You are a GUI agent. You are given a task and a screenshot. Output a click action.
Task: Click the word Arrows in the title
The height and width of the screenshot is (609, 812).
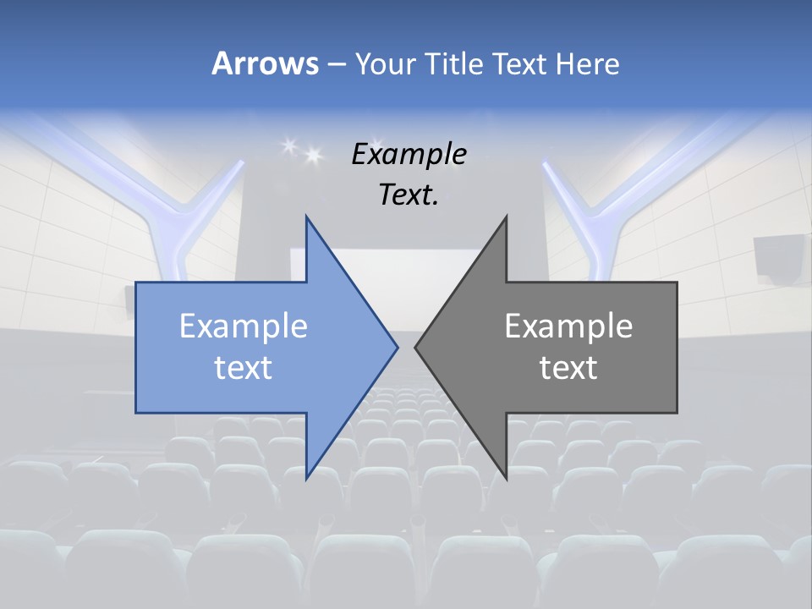tap(265, 63)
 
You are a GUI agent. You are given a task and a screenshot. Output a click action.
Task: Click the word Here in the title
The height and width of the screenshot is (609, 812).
tap(587, 63)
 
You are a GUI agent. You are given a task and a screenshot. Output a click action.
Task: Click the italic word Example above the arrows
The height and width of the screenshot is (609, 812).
tap(409, 154)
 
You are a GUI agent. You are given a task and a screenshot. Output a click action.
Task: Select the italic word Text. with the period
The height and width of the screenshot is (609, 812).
tap(409, 195)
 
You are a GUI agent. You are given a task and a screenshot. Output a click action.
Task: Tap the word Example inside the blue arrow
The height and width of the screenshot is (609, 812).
tap(244, 326)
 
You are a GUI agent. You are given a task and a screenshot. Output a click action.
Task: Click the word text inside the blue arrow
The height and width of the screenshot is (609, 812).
tap(244, 367)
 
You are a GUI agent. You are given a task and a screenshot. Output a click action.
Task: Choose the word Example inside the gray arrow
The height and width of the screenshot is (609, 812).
tap(568, 326)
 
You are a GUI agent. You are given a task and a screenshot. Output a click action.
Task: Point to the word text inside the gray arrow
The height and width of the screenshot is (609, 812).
tap(568, 367)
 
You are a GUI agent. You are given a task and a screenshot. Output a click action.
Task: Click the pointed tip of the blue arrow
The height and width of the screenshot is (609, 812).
tap(397, 347)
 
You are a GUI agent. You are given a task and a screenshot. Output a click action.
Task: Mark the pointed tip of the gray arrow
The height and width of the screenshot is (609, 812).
tap(416, 347)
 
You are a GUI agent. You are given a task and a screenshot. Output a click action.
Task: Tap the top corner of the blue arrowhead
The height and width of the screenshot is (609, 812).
tap(306, 217)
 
